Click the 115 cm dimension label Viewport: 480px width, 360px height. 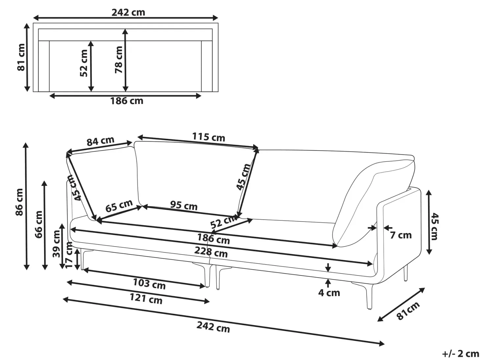point(208,137)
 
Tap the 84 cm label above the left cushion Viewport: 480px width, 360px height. point(100,141)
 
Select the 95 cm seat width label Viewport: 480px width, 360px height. point(184,205)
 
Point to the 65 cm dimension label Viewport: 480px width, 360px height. point(119,206)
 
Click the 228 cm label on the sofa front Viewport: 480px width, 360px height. point(211,252)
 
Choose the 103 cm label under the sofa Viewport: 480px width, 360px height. point(149,284)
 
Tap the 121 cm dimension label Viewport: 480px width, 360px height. point(146,299)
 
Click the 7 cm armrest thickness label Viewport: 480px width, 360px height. point(401,235)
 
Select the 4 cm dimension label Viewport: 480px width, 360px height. point(329,293)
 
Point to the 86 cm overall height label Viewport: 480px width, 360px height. point(19,202)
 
